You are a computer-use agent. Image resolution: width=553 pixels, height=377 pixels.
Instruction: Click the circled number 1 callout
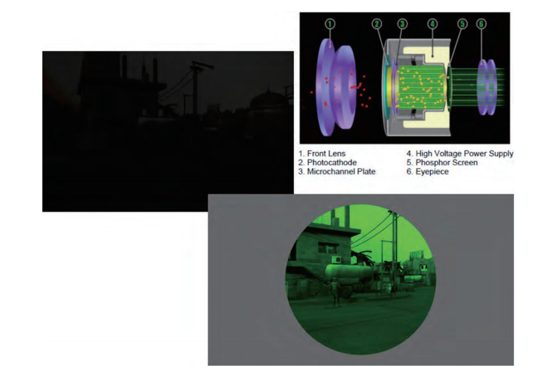tap(330, 24)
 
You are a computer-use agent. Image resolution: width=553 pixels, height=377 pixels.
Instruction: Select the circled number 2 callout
tap(377, 24)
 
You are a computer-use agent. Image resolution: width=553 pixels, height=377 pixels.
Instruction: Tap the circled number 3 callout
tap(402, 24)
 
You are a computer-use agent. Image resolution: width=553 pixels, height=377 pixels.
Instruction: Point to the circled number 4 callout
tap(433, 24)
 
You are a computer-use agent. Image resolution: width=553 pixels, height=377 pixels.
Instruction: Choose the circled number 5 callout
tap(462, 24)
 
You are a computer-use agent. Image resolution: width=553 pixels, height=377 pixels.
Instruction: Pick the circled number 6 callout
tap(482, 24)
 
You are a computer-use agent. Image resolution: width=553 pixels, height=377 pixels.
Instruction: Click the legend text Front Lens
tap(326, 154)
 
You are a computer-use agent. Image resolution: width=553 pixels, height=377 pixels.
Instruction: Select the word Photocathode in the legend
tap(332, 163)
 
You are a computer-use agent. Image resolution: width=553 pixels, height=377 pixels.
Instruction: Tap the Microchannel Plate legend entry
tap(341, 172)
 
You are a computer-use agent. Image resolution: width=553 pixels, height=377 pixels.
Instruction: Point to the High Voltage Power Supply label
tap(465, 154)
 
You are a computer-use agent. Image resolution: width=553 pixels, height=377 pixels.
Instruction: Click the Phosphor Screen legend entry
tap(447, 163)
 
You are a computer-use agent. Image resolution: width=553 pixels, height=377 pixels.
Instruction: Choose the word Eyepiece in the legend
tap(432, 172)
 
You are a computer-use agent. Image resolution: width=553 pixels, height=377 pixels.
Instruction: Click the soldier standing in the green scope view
tap(335, 292)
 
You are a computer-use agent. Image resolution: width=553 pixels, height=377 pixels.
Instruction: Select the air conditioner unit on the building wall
tap(336, 260)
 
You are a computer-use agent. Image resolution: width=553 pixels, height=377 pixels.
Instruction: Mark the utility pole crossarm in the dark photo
tap(201, 65)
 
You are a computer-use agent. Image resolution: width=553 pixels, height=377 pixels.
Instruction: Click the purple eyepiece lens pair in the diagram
tap(487, 87)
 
